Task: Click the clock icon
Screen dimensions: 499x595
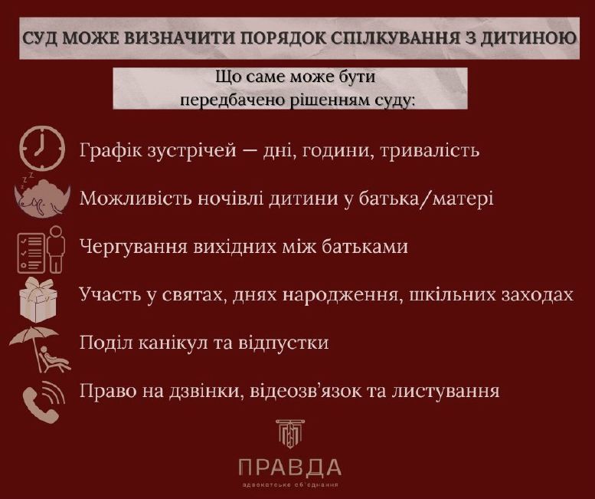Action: (x=41, y=148)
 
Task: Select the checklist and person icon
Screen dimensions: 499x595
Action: (x=41, y=248)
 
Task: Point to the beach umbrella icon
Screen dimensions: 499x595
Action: (x=37, y=347)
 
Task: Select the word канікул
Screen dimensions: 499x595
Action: (x=163, y=343)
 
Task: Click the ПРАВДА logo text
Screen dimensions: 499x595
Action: (x=290, y=467)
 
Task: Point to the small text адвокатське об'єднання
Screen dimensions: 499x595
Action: (x=290, y=485)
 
